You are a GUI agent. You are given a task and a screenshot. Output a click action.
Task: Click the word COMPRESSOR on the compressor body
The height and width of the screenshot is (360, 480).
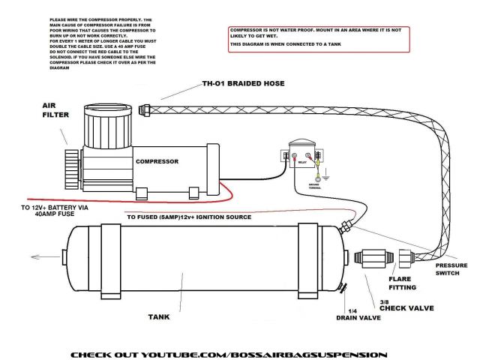[156, 161]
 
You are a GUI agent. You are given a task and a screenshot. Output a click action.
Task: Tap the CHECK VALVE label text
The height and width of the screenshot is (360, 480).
[411, 307]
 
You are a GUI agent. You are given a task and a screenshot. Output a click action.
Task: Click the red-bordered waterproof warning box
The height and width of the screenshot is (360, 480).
[318, 38]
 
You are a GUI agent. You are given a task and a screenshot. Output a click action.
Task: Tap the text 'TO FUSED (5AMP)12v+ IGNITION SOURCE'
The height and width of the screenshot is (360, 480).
[189, 217]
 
